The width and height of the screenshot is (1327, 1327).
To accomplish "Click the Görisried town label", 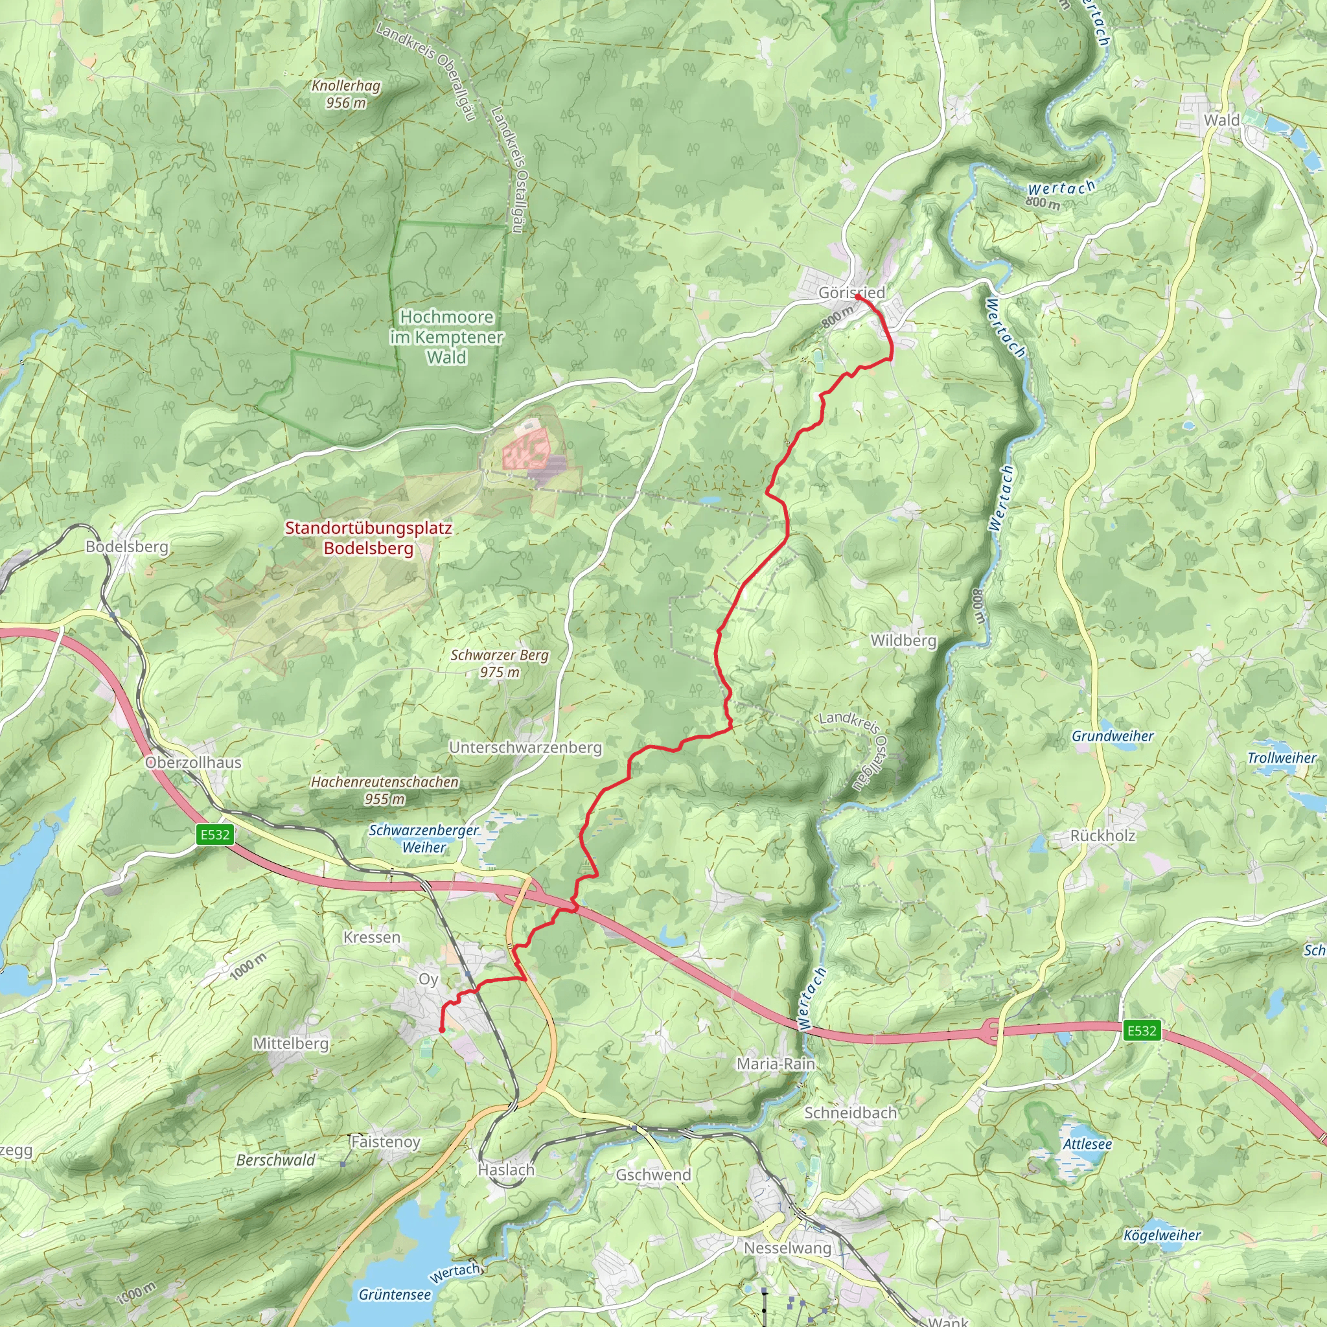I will pos(851,293).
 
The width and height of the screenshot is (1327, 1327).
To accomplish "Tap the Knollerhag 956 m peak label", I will pos(345,94).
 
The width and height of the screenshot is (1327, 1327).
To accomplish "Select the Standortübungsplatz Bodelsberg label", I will pos(368,538).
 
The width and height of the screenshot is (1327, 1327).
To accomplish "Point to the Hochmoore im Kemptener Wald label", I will pos(446,336).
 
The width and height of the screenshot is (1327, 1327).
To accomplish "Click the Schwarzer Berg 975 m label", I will pos(500,663).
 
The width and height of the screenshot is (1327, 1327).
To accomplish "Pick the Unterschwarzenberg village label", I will pos(525,747).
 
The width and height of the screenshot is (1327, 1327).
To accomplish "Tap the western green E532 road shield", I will pos(215,835).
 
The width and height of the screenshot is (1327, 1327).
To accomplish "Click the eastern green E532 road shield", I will pos(1142,1030).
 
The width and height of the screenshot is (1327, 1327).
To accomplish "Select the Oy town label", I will pos(428,980).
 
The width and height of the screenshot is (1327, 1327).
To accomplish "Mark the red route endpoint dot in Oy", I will pos(442,1030).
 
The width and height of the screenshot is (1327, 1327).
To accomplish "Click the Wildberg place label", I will pos(903,640).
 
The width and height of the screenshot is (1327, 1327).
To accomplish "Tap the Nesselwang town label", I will pos(787,1247).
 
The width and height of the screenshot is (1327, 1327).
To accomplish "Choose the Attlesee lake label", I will pos(1087,1144).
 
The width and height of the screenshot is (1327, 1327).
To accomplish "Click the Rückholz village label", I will pos(1102,836).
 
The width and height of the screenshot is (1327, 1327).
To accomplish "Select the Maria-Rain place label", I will pos(776,1064).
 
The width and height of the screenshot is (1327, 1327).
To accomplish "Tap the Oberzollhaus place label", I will pos(193,763).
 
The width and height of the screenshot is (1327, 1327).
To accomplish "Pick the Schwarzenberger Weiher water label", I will pos(424,838).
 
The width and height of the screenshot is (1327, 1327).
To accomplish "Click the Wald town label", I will pos(1221,121).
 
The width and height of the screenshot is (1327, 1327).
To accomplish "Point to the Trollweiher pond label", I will pos(1282,758).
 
